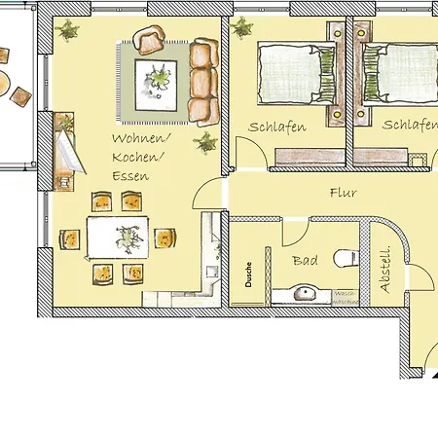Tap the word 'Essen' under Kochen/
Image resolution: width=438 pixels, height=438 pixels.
click(x=129, y=176)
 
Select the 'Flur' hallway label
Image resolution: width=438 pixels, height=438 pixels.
click(x=345, y=193)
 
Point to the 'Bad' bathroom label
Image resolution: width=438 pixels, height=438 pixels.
click(x=305, y=260)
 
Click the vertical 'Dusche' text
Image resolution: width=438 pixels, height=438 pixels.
click(x=250, y=275)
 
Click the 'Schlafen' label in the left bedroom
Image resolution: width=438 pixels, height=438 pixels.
click(x=277, y=128)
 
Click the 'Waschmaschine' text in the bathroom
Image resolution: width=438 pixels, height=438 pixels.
click(x=345, y=296)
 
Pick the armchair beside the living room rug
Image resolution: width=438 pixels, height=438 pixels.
click(x=149, y=41)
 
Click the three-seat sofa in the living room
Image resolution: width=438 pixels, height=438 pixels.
click(x=203, y=82)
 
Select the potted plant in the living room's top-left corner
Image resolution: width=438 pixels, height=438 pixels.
click(x=68, y=32)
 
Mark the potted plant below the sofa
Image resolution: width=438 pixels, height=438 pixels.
click(x=204, y=144)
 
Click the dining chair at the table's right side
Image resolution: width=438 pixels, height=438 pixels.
click(x=165, y=237)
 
